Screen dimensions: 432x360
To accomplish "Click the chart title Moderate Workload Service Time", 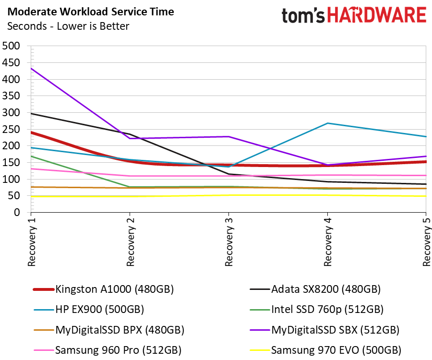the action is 91,12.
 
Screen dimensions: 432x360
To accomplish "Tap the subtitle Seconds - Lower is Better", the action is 68,26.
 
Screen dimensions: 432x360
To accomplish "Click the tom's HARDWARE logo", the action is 354,15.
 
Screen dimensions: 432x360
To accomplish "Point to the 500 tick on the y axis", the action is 11,46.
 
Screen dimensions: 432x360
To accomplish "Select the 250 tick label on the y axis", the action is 11,129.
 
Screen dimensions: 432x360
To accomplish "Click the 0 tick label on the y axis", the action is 17,212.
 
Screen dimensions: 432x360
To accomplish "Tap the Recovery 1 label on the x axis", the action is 32,242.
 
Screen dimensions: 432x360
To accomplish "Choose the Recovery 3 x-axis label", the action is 229,242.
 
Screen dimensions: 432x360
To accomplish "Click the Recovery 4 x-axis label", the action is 328,242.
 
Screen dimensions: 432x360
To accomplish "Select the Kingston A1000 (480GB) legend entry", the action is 103,289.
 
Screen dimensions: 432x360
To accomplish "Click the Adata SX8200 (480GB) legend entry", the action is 315,289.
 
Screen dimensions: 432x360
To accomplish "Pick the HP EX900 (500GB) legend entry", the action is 89,310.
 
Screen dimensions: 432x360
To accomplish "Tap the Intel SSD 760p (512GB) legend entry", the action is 317,310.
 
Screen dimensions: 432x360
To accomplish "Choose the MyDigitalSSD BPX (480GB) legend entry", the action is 109,330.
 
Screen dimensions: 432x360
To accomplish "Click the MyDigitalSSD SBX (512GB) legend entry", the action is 324,330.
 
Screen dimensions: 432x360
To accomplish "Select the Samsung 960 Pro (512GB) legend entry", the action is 108,350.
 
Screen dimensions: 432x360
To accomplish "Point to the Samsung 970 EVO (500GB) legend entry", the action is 325,350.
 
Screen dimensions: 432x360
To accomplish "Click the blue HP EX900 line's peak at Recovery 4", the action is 327,123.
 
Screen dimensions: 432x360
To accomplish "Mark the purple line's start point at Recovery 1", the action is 31,68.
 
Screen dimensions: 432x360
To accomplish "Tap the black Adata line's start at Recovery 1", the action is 31,113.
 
